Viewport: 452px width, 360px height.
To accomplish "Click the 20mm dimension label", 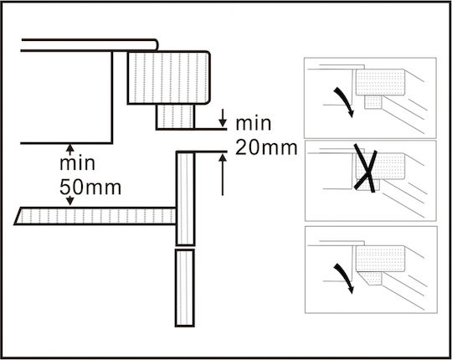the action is (x=266, y=148).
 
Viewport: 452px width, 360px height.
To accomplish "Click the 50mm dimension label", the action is (x=90, y=188).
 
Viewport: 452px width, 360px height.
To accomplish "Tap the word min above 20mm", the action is (x=254, y=124).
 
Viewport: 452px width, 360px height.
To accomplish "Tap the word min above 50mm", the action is (x=77, y=163).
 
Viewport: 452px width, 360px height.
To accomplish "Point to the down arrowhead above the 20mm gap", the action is (x=223, y=123).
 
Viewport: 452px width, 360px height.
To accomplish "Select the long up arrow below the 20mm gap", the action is (x=223, y=175).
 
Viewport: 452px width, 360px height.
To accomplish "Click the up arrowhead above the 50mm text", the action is (x=70, y=147).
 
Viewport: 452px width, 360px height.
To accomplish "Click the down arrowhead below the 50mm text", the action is (x=70, y=201).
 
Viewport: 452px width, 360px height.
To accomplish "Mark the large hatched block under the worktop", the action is (x=168, y=78).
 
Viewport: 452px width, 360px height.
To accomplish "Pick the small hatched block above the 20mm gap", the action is (x=175, y=116).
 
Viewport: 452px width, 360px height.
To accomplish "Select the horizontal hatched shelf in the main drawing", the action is (x=95, y=216).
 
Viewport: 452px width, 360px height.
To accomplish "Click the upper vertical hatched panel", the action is (x=185, y=198).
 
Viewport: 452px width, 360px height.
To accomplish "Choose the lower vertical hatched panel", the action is (x=185, y=288).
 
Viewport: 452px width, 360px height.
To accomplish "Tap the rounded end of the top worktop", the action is (x=157, y=45).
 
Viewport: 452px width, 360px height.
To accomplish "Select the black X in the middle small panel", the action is (x=366, y=167).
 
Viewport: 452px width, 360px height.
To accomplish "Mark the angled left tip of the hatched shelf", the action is (x=14, y=224).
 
